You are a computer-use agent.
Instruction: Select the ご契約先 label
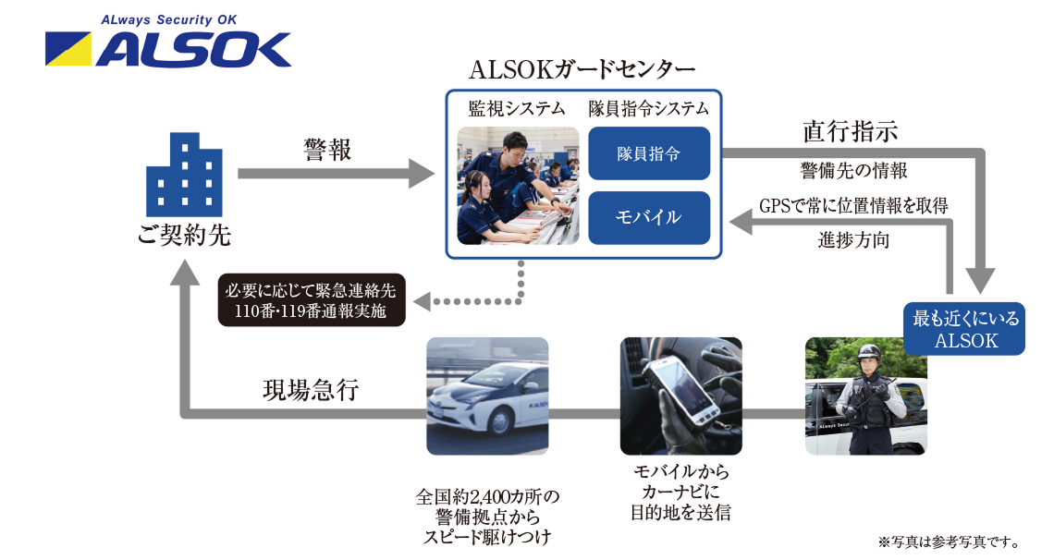pyautogui.click(x=185, y=236)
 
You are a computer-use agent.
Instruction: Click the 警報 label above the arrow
pyautogui.click(x=327, y=150)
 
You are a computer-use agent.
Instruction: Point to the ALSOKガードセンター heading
pyautogui.click(x=582, y=70)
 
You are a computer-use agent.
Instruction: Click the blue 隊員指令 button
pyautogui.click(x=649, y=153)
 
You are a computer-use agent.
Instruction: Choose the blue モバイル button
pyautogui.click(x=649, y=218)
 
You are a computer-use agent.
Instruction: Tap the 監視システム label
pyautogui.click(x=517, y=109)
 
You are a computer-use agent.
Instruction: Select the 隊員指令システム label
pyautogui.click(x=649, y=109)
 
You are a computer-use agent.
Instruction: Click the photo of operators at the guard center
pyautogui.click(x=518, y=186)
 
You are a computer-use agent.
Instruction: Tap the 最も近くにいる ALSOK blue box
pyautogui.click(x=966, y=329)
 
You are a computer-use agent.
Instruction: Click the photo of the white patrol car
pyautogui.click(x=487, y=396)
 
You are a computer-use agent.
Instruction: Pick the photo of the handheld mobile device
pyautogui.click(x=681, y=396)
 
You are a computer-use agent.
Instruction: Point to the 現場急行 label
pyautogui.click(x=311, y=391)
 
